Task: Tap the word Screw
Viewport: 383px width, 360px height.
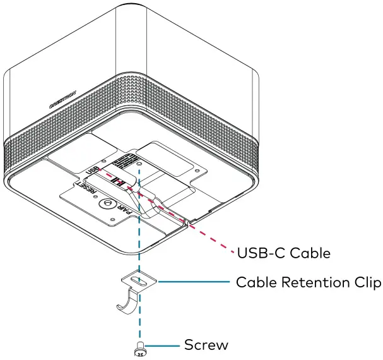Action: click(206, 345)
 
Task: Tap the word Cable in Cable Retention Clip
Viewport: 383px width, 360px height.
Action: click(255, 282)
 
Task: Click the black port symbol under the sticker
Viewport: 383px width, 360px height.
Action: click(118, 183)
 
